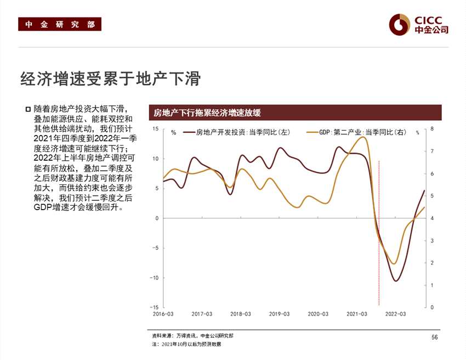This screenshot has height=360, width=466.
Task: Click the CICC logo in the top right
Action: point(419,24)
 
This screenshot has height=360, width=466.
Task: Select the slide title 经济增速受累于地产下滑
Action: point(110,79)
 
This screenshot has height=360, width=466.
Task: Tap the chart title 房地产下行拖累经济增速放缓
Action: point(207,113)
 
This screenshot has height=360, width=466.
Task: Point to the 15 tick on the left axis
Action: point(155,129)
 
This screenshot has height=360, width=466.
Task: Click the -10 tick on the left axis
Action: point(154,278)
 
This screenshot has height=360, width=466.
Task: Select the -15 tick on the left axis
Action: point(154,307)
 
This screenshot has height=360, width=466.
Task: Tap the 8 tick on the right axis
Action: point(432,129)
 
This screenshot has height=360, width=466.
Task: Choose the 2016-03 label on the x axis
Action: point(163,314)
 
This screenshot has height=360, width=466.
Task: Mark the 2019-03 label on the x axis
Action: point(280,314)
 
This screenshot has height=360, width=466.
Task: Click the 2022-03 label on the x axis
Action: point(395,314)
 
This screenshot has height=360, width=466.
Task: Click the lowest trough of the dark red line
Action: point(396,281)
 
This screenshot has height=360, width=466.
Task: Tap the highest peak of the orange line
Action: point(363,137)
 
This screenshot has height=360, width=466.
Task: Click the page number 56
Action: point(434,337)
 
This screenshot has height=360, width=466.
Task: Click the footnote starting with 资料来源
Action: point(196,335)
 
